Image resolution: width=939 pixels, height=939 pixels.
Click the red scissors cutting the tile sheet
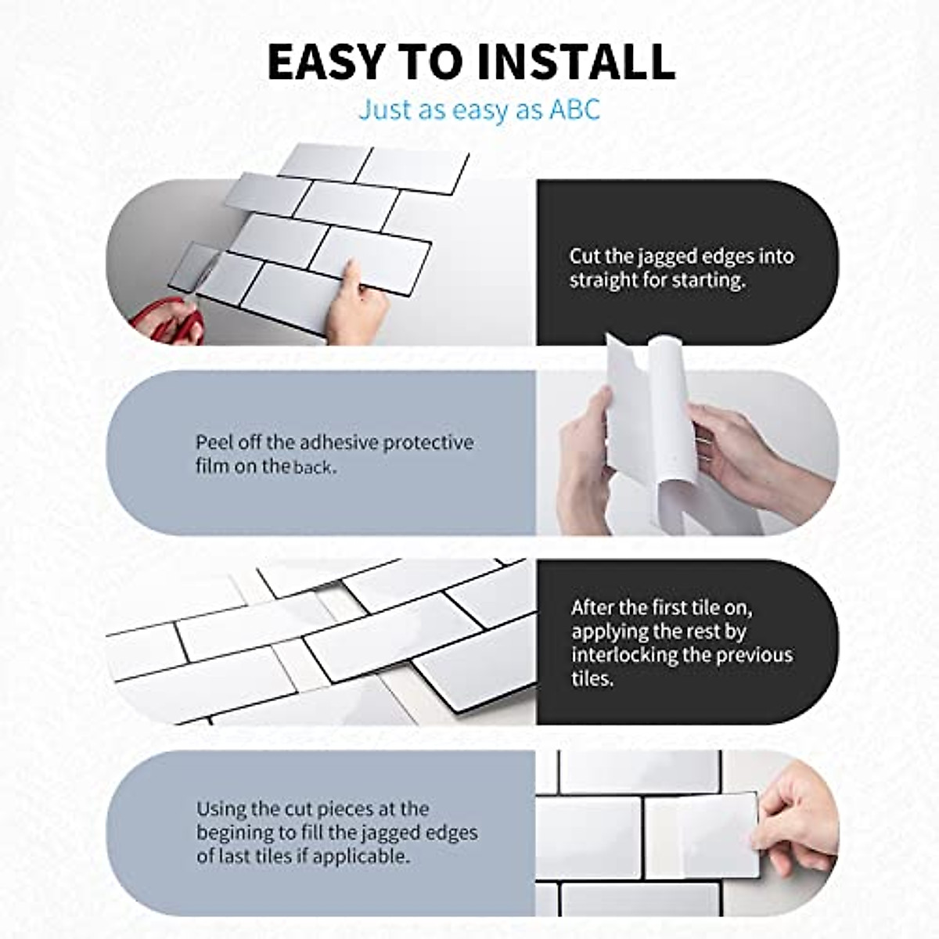[x=168, y=322]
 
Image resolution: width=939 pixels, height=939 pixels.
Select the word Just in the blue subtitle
[x=384, y=110]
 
